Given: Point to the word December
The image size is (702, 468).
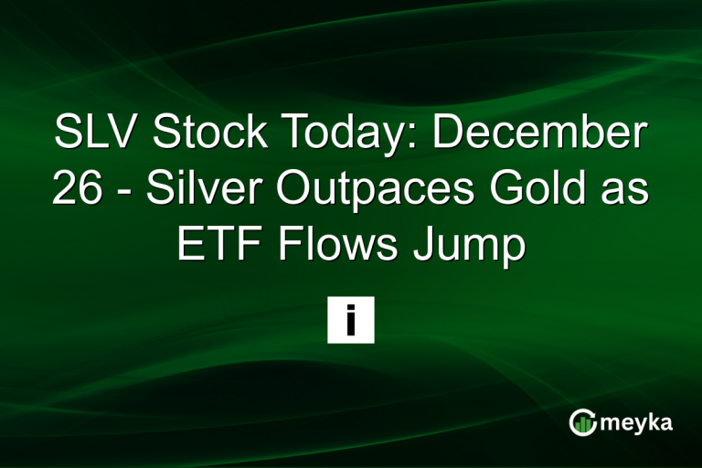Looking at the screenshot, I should pos(539,135).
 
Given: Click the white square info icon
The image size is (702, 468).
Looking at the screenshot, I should pos(351,320).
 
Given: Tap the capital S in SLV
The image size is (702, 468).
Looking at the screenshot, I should pos(68,135).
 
